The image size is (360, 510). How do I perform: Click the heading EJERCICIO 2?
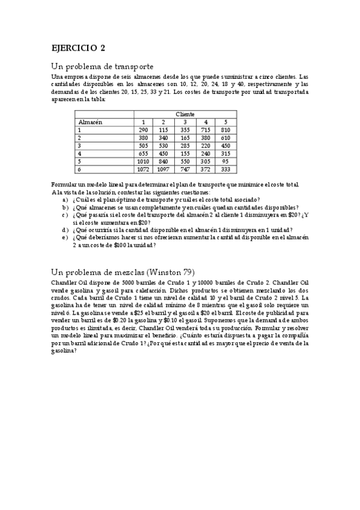point(79,48)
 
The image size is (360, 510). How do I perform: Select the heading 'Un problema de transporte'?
point(102,66)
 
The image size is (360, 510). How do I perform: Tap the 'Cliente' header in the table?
point(185,114)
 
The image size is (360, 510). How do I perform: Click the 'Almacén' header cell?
point(90,122)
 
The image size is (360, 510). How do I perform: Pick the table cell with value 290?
point(143,130)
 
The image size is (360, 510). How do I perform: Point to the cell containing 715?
point(206,130)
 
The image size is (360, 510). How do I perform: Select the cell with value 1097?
point(163,169)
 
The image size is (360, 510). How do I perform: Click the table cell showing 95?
point(226,161)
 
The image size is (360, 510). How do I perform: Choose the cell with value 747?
point(185,169)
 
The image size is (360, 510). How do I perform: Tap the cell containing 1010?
point(143,161)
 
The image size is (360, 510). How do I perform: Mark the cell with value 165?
point(185,138)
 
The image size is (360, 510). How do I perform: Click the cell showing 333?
point(226,169)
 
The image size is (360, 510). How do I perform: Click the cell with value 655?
point(143,153)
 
